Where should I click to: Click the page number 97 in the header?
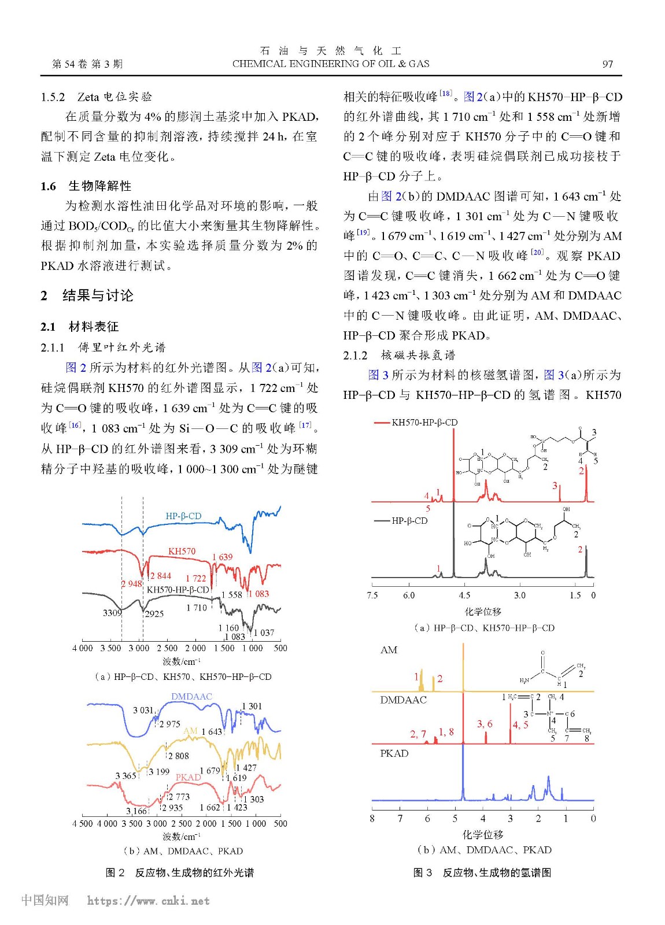[x=607, y=64]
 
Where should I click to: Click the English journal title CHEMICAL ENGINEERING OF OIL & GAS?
[x=331, y=64]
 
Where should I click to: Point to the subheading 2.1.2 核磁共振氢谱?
[x=399, y=356]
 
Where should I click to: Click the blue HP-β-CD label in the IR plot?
[x=183, y=516]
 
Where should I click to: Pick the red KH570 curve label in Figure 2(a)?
[x=182, y=552]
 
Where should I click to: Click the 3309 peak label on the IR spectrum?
[x=112, y=613]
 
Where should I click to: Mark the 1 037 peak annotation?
[x=264, y=632]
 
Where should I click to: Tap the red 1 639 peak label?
[x=222, y=557]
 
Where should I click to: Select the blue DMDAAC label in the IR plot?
[x=191, y=697]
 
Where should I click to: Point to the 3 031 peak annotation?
[x=143, y=711]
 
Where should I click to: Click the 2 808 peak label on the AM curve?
[x=179, y=756]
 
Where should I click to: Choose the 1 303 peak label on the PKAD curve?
[x=253, y=800]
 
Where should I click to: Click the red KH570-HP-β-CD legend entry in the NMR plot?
[x=424, y=423]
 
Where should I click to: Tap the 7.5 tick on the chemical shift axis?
[x=372, y=595]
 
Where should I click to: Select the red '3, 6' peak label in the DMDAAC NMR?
[x=485, y=724]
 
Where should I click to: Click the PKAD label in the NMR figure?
[x=394, y=754]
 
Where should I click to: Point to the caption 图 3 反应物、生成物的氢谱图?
[x=482, y=872]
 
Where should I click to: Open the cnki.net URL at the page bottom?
[x=148, y=901]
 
